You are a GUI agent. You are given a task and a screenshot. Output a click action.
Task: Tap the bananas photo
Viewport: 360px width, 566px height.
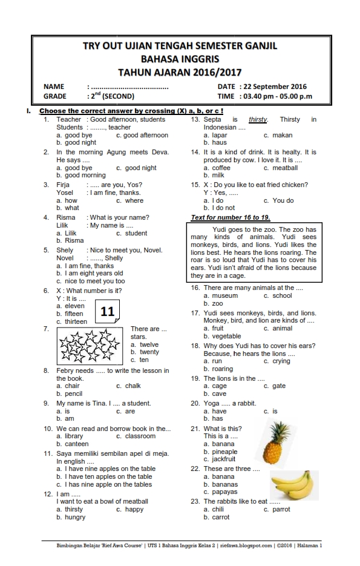pyautogui.click(x=292, y=485)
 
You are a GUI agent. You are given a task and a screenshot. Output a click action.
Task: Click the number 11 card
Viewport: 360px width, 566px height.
pyautogui.click(x=108, y=312)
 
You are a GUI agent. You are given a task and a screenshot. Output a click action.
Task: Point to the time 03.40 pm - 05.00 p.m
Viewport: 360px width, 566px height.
pyautogui.click(x=277, y=96)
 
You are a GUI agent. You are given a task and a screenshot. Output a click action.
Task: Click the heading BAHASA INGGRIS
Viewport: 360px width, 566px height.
pyautogui.click(x=180, y=59)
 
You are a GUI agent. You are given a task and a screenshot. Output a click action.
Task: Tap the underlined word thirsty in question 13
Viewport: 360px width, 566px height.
pyautogui.click(x=258, y=120)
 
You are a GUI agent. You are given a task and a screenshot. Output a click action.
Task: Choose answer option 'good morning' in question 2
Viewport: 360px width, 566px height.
pyautogui.click(x=85, y=175)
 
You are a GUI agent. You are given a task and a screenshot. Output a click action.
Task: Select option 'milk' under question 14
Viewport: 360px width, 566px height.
pyautogui.click(x=217, y=175)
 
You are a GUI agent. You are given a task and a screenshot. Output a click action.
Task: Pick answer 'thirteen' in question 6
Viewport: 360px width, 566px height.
pyautogui.click(x=76, y=321)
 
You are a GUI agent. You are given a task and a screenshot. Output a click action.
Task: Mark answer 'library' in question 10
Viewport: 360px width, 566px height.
pyautogui.click(x=73, y=436)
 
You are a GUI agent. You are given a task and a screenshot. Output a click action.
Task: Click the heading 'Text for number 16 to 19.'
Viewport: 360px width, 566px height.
pyautogui.click(x=231, y=217)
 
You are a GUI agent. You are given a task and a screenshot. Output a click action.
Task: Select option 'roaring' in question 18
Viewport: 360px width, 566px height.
pyautogui.click(x=222, y=369)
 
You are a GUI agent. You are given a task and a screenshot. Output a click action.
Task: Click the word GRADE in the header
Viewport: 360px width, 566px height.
pyautogui.click(x=54, y=96)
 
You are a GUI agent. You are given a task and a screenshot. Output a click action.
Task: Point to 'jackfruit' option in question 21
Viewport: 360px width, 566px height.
pyautogui.click(x=224, y=459)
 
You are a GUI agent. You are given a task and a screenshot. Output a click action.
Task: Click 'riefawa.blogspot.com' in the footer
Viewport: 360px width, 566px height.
pyautogui.click(x=246, y=546)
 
